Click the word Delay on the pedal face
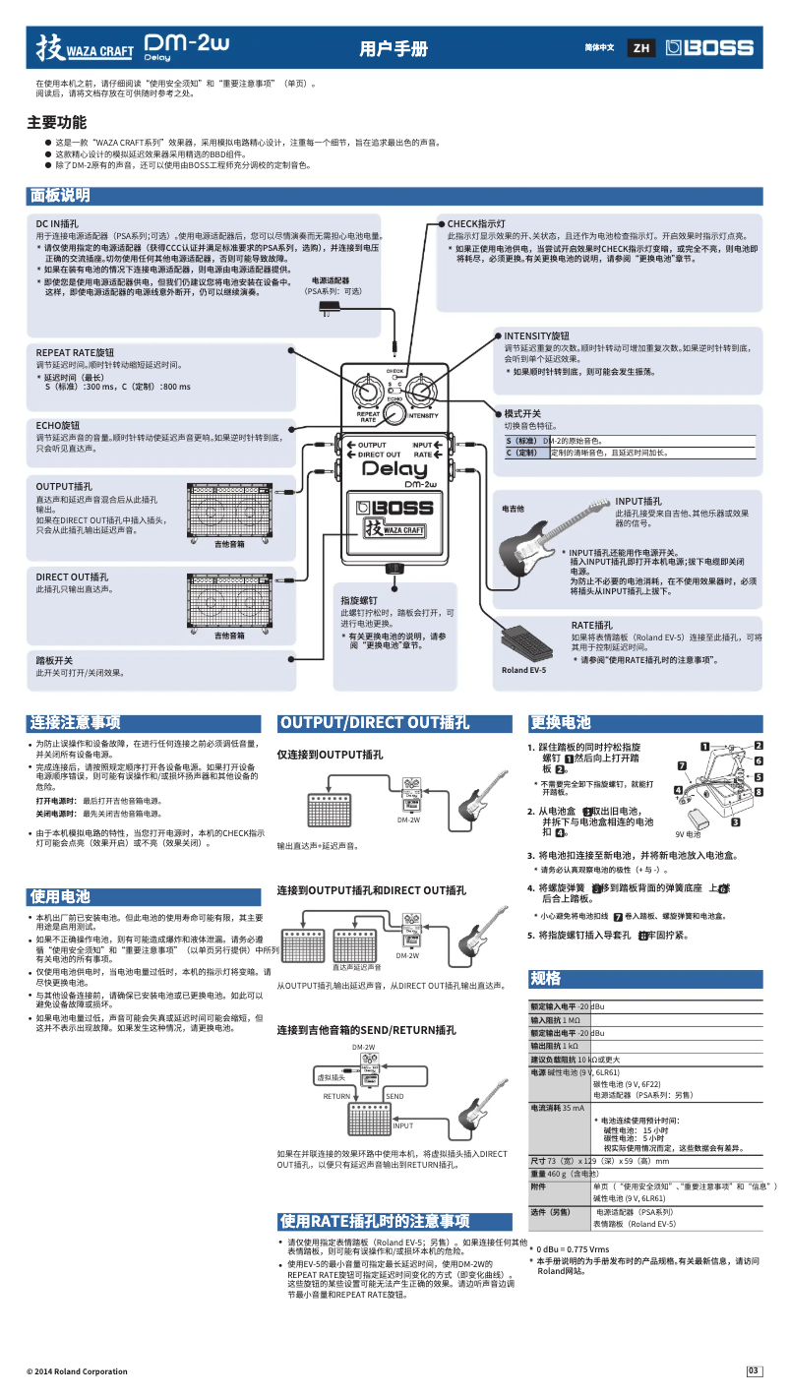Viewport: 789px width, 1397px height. point(395,469)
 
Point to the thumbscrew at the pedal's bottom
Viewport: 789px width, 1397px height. point(394,568)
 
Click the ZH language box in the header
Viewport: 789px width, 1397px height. point(641,47)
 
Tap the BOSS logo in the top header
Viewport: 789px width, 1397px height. point(709,47)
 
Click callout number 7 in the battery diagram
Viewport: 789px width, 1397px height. point(681,765)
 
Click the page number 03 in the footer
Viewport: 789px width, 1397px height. point(754,1371)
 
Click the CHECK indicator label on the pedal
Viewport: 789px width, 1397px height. point(395,372)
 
